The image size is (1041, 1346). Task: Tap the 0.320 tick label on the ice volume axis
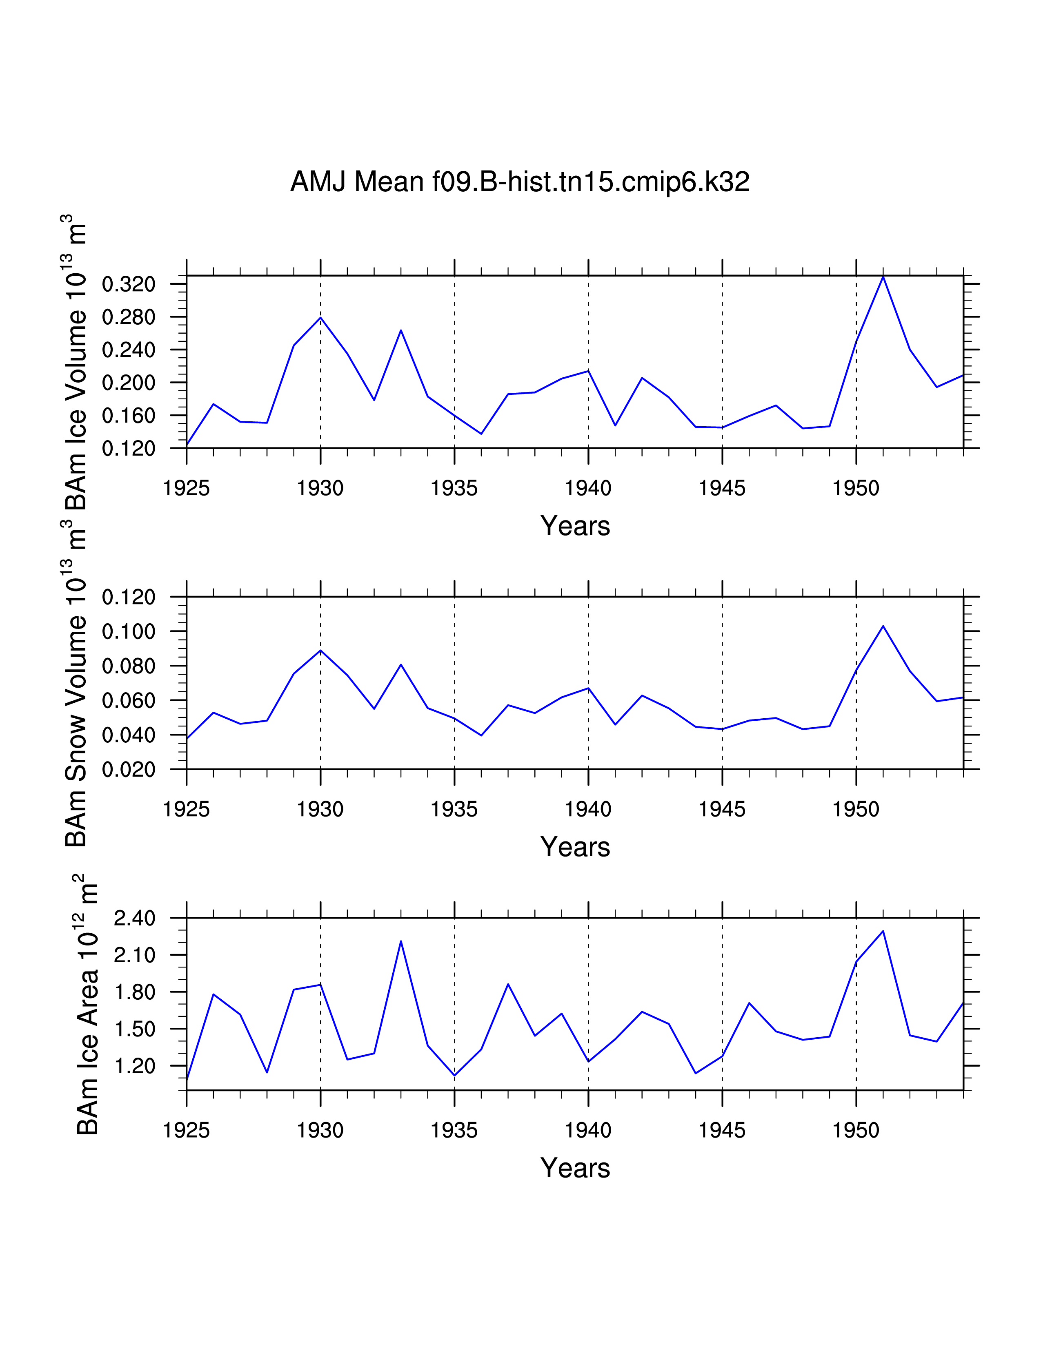128,285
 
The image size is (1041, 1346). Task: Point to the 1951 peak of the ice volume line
883,277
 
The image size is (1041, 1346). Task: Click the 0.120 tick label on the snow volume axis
128,597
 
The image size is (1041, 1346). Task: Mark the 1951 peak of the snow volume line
883,626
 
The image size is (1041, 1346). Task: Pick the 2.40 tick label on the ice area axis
134,918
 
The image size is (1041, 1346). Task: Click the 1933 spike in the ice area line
401,941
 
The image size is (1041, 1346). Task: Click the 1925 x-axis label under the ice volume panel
186,488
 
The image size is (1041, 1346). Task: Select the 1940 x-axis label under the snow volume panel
588,809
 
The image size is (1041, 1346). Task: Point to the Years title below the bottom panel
575,1168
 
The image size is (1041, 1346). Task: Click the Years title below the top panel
575,526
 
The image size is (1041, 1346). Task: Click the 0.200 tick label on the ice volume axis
128,383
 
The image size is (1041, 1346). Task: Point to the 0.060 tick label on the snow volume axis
128,701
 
